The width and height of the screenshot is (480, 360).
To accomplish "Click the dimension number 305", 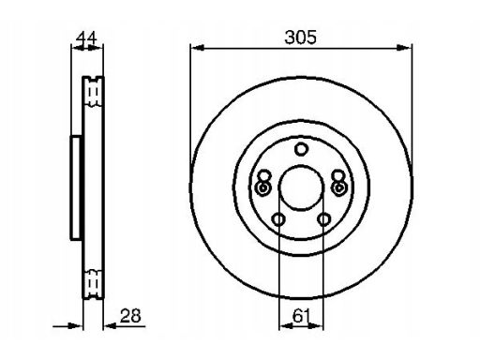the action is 300,37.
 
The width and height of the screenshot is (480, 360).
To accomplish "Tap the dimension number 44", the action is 87,37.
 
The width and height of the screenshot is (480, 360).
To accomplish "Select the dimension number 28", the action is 130,316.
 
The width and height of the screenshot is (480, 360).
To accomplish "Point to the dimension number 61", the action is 301,316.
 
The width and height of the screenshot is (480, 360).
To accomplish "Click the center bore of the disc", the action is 301,187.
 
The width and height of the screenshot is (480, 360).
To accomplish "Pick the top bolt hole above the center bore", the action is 301,149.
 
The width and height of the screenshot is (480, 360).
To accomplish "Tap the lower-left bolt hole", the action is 278,219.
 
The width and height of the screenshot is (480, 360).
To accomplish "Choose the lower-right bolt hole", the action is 323,219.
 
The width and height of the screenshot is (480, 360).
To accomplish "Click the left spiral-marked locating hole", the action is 262,187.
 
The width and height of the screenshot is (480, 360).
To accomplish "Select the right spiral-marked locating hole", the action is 339,187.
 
